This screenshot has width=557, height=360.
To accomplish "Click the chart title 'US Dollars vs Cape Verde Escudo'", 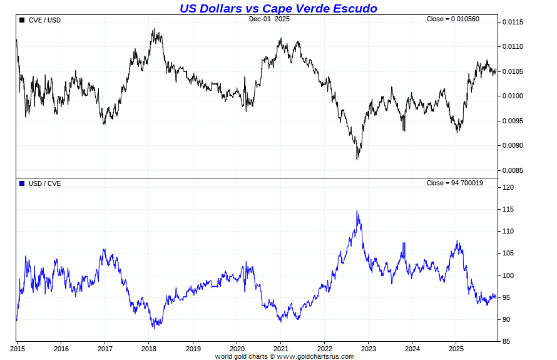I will (x=278, y=8).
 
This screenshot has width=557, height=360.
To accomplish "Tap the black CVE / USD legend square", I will (x=23, y=20).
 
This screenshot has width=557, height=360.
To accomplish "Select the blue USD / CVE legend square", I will (x=23, y=183).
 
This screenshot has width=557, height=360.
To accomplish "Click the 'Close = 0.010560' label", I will (x=452, y=19).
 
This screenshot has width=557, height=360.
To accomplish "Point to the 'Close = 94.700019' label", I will (x=454, y=183).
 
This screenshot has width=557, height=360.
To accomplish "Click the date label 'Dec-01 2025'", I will (x=269, y=19).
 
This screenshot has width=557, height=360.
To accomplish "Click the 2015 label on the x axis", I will (x=17, y=348).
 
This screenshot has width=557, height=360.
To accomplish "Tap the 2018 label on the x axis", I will (x=149, y=348).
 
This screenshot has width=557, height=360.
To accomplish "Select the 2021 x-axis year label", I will (x=281, y=348).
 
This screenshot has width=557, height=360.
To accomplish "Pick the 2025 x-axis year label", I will (x=456, y=348).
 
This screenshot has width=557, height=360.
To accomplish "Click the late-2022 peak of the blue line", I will (x=357, y=212).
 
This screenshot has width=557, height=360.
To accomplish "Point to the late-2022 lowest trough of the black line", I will (x=357, y=159).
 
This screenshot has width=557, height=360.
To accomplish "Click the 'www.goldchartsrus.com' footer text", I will (x=315, y=356).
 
